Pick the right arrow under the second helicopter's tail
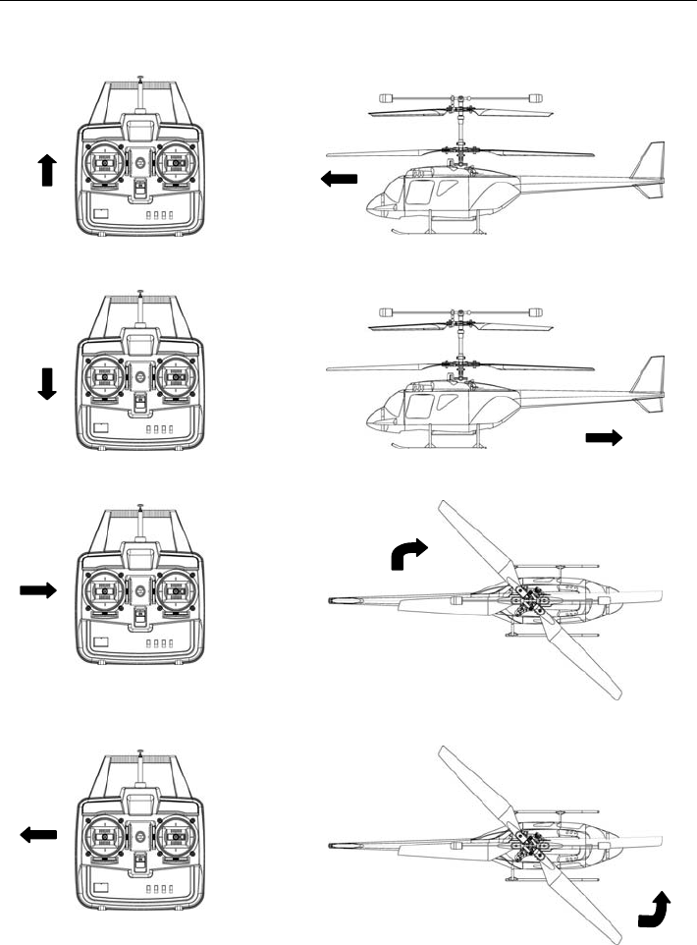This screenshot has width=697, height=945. [x=604, y=438]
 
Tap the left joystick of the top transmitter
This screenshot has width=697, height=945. [x=105, y=163]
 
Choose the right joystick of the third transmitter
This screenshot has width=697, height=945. [x=176, y=590]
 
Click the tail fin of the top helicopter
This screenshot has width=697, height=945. [x=649, y=167]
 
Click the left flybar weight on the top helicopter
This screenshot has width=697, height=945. [x=386, y=97]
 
